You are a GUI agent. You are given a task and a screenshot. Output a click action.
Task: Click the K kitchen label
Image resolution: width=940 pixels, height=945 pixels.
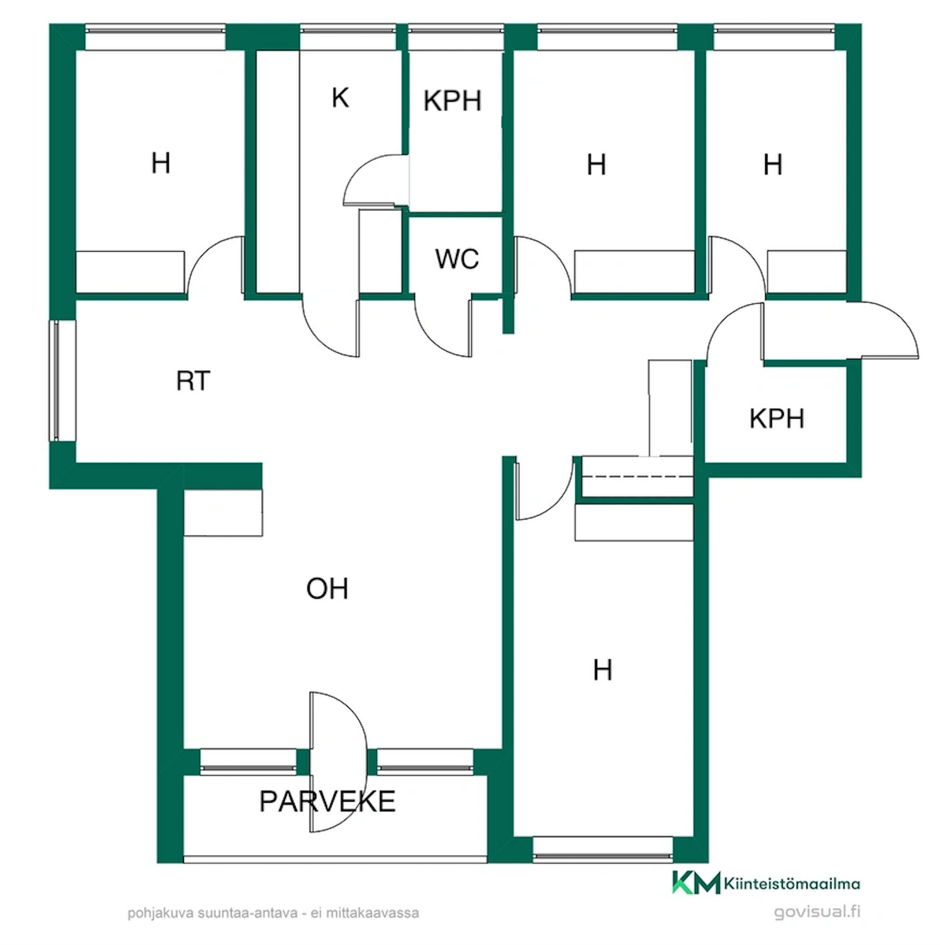[341, 97]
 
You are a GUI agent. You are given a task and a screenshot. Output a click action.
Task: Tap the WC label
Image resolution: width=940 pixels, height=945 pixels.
[457, 259]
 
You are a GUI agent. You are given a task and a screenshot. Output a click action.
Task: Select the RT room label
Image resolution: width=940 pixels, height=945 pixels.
[193, 381]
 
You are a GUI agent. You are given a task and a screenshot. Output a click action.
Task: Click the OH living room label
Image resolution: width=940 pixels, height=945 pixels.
[327, 589]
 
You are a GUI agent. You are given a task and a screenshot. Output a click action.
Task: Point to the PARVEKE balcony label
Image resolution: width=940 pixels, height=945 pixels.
[327, 802]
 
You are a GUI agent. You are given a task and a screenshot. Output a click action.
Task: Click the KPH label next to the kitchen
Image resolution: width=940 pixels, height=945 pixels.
[452, 101]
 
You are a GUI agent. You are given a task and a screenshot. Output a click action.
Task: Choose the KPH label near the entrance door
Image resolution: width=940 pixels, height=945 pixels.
[777, 419]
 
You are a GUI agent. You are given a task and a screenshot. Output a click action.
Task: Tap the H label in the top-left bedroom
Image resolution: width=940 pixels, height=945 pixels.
[161, 163]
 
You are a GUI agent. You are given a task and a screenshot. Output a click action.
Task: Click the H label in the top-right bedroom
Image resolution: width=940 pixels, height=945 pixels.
[773, 165]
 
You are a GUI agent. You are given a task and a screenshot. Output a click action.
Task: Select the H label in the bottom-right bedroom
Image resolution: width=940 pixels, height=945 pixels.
[602, 670]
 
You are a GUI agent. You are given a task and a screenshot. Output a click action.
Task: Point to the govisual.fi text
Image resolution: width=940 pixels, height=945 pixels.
[817, 912]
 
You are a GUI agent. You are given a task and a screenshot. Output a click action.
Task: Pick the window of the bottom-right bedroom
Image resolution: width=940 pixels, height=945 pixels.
[602, 849]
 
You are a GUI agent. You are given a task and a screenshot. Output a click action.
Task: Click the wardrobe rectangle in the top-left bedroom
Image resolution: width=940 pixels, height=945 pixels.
[130, 272]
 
